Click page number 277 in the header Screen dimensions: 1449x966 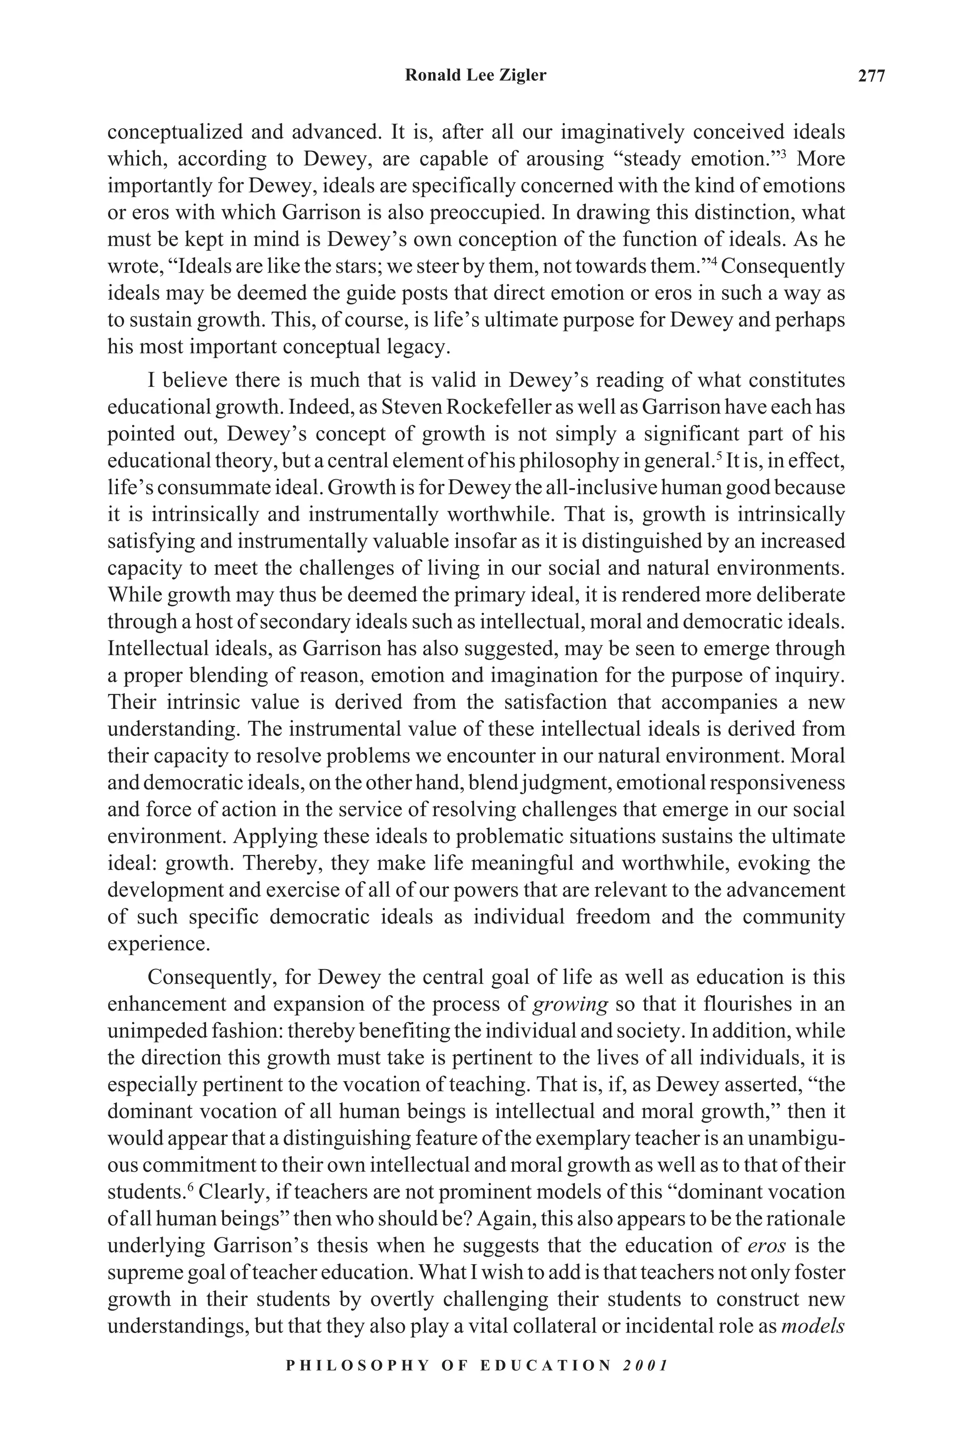(871, 76)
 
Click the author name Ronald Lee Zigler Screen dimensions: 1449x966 (475, 75)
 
